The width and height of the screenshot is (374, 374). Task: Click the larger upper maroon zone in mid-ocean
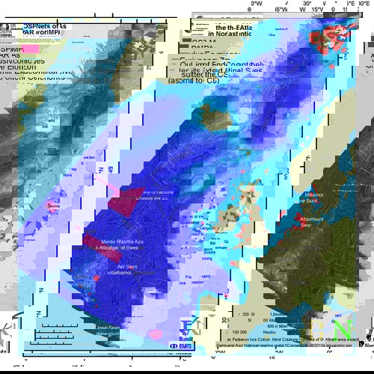tap(125, 201)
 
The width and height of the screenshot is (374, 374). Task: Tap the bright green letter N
tap(343, 329)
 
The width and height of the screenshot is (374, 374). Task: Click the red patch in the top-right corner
tap(329, 34)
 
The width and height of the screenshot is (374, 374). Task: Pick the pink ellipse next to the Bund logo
tap(156, 334)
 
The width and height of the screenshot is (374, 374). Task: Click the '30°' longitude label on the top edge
tap(308, 4)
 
